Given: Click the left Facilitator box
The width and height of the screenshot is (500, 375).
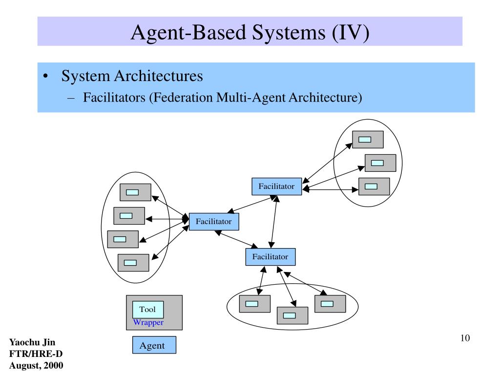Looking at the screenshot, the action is click(x=214, y=222).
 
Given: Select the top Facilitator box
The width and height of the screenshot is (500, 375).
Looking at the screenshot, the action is click(x=277, y=187).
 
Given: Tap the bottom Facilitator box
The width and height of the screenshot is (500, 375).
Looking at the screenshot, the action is click(x=271, y=257).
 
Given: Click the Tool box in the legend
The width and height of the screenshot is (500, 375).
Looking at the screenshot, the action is click(x=148, y=310).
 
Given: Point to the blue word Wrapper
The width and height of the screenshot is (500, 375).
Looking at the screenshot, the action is click(x=148, y=322).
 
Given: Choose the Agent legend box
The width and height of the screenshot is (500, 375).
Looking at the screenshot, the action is click(x=154, y=345).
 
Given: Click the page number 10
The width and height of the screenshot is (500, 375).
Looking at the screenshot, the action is click(x=465, y=338).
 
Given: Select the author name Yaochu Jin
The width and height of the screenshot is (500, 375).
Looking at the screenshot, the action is click(x=32, y=342).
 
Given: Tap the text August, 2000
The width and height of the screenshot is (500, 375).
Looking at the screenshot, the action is click(x=36, y=365).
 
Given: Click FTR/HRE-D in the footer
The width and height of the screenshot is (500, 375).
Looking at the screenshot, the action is click(x=36, y=354).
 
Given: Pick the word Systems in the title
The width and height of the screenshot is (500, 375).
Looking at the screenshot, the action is click(x=289, y=33).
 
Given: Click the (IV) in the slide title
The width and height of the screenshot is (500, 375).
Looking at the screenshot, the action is click(x=351, y=33).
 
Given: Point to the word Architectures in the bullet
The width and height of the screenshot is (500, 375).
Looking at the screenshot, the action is click(x=159, y=76).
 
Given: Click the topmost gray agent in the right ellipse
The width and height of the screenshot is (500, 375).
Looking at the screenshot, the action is click(x=368, y=140).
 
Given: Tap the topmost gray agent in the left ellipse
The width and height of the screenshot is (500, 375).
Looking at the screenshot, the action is click(x=136, y=192).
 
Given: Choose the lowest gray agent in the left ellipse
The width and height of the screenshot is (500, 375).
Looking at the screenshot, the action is click(x=133, y=263).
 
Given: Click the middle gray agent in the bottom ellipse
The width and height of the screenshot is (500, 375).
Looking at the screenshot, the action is click(x=292, y=316).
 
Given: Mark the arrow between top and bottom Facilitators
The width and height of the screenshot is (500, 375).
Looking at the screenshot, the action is click(x=273, y=222).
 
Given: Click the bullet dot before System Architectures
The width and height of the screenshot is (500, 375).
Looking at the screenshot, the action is click(x=45, y=76).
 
